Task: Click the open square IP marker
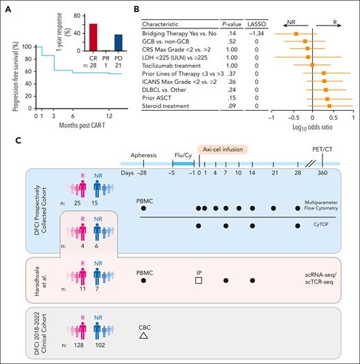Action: click(x=199, y=280)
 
